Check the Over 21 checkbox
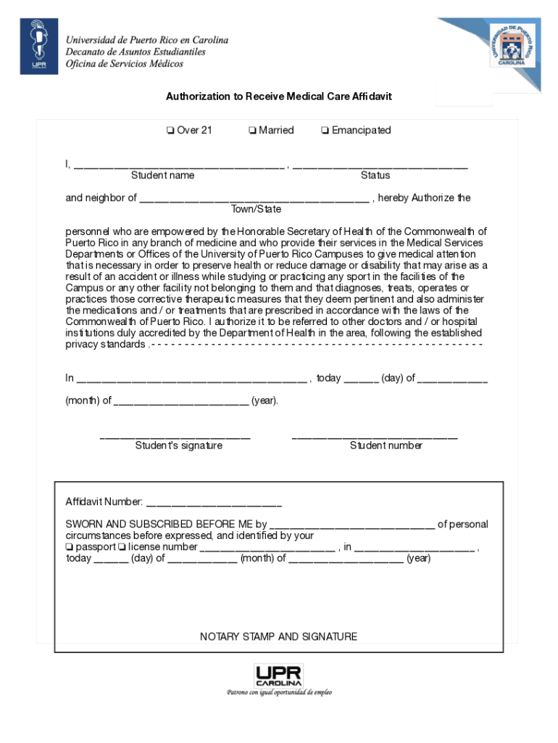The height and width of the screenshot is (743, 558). point(170,131)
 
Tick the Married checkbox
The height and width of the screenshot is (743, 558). point(251,131)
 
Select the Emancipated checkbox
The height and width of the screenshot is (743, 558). point(325,131)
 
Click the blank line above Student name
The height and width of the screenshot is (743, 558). point(178,165)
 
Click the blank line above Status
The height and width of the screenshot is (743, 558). point(380,165)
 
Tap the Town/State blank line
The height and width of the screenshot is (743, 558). point(254,199)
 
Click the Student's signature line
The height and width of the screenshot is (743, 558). point(175,436)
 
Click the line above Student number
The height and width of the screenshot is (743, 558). point(374,436)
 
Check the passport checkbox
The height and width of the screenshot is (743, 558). point(70,547)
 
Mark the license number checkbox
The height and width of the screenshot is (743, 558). point(122,547)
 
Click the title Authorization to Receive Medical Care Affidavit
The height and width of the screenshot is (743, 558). point(279,96)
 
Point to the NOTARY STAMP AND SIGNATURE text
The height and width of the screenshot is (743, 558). point(278,637)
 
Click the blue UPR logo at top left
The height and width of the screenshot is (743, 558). point(38,46)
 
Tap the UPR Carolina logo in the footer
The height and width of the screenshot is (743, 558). point(278,676)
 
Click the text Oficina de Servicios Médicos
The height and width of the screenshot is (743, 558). point(125,64)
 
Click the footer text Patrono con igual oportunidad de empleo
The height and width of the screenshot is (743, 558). point(279,693)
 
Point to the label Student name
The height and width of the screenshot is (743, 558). point(162,176)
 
